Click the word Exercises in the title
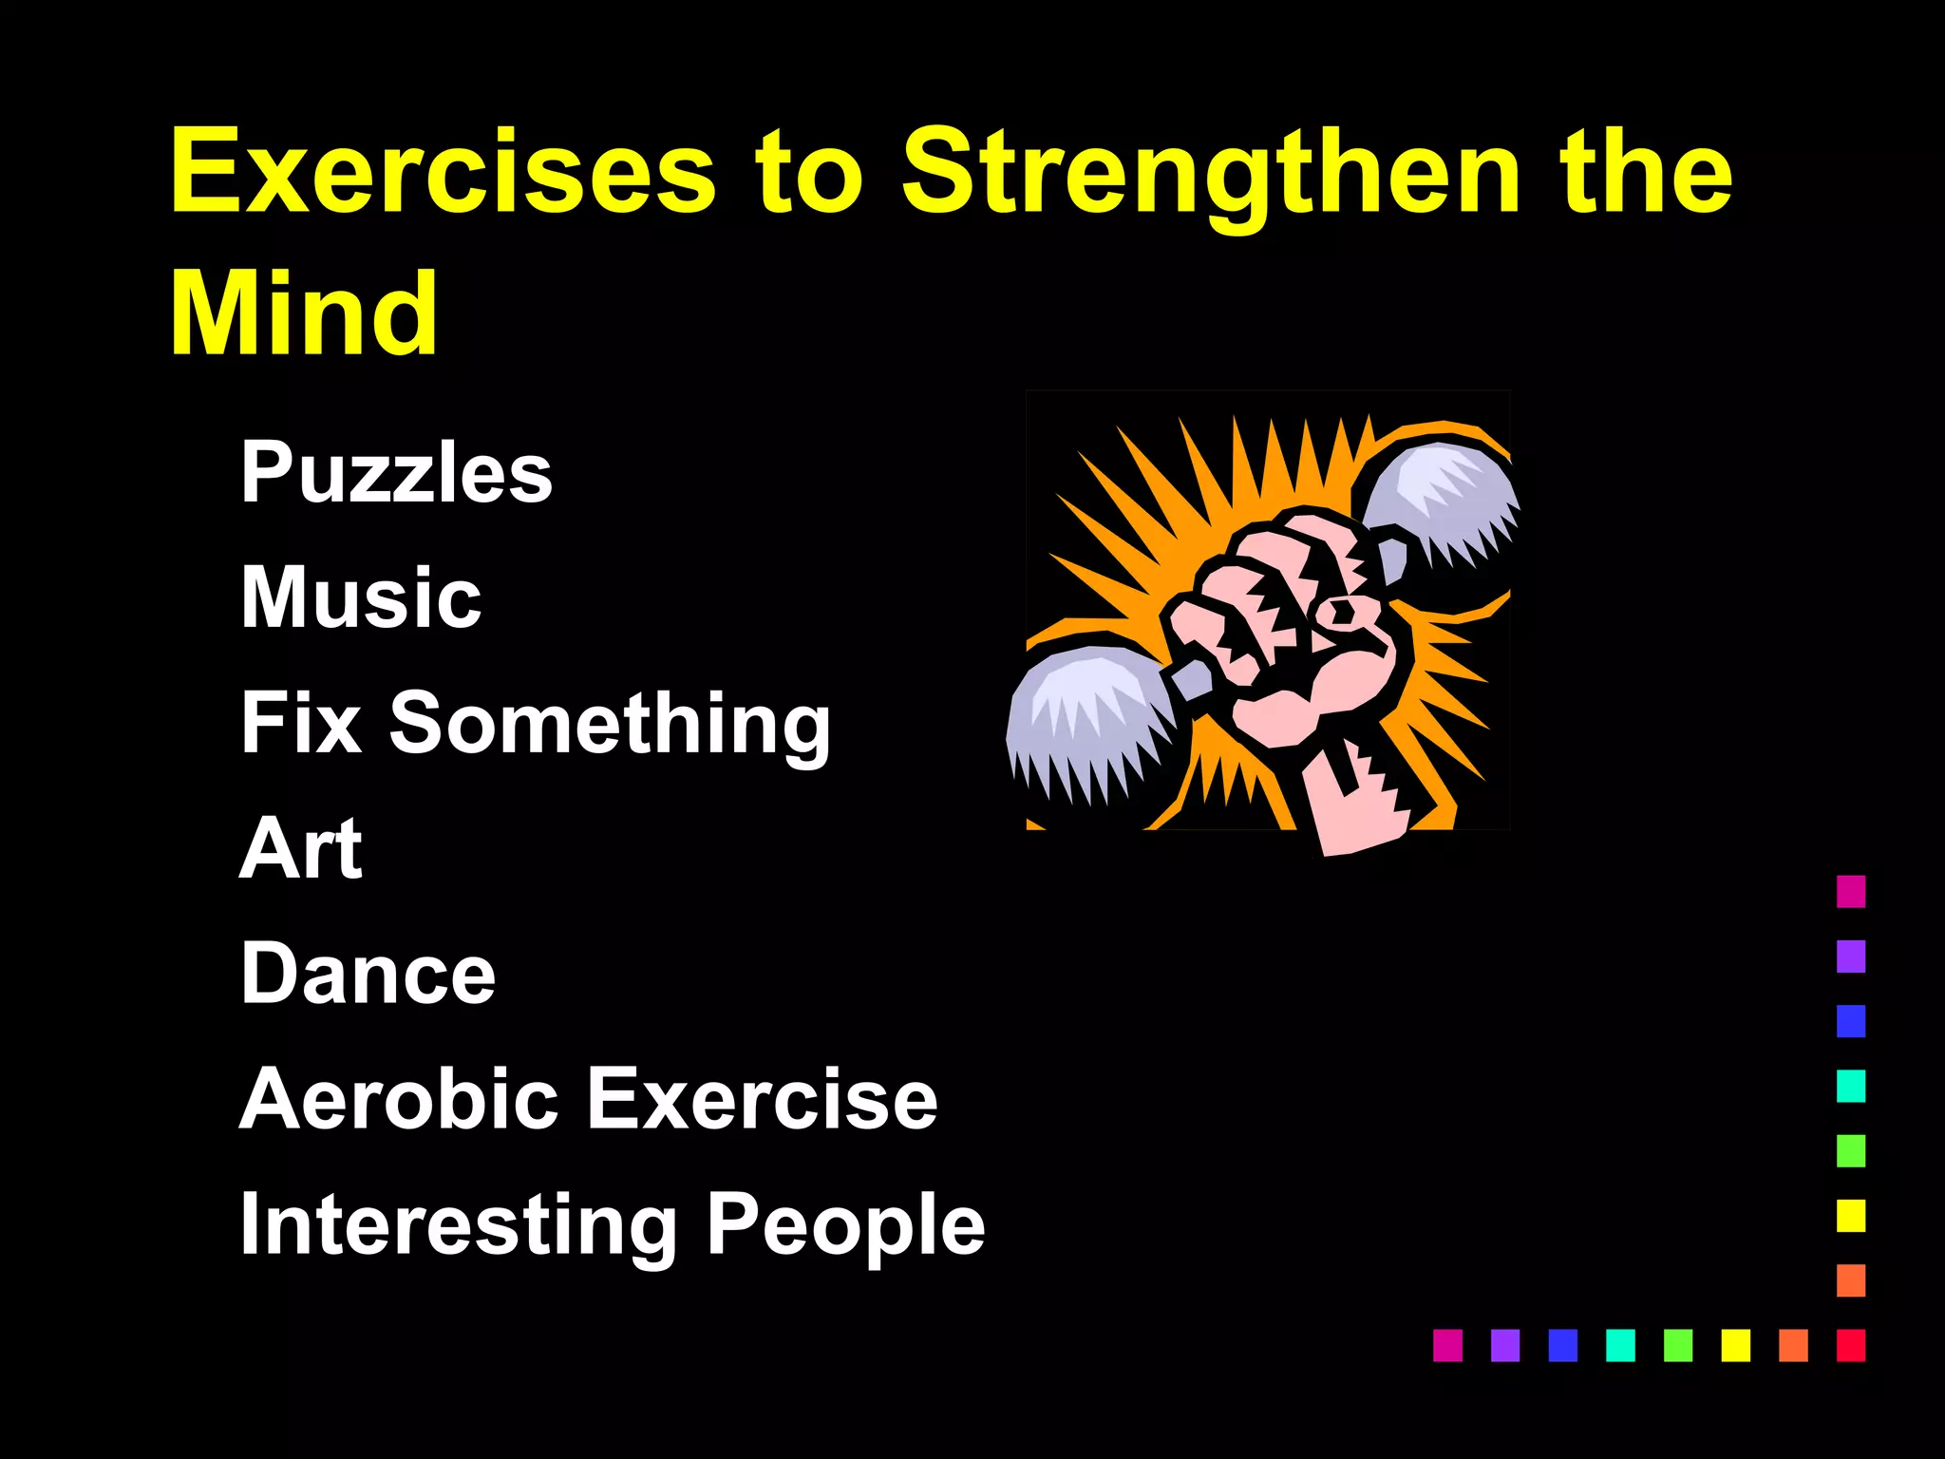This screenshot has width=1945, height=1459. (x=443, y=173)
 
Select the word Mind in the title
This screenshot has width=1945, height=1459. (x=304, y=313)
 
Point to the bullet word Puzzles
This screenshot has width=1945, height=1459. (x=396, y=472)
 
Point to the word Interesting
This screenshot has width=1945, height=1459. (x=459, y=1225)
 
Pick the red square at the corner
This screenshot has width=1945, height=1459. (x=1851, y=1345)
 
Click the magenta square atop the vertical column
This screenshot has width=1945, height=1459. (x=1851, y=891)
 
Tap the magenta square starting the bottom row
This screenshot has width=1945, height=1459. (x=1447, y=1345)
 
